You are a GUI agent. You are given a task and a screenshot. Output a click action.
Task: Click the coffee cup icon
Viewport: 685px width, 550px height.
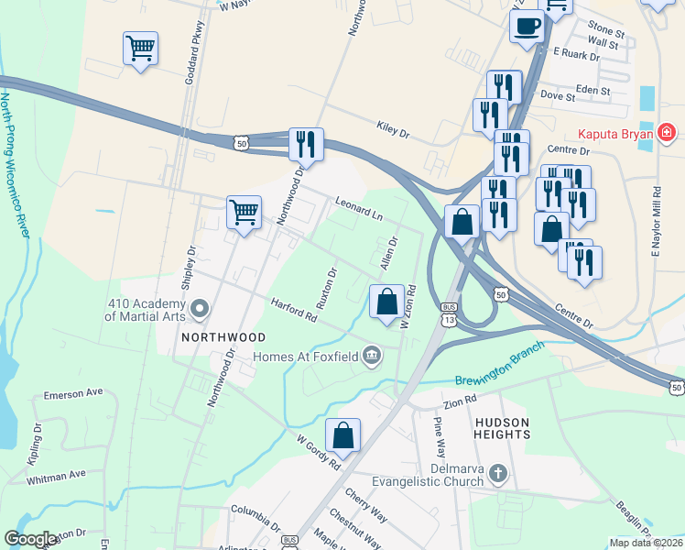(x=527, y=27)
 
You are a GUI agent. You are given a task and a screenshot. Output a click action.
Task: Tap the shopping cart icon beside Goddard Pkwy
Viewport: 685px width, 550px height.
(x=140, y=48)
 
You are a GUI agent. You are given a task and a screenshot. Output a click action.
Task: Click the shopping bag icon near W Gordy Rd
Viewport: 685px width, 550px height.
(x=342, y=435)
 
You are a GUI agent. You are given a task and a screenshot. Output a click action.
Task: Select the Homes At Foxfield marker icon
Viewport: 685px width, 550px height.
(x=372, y=356)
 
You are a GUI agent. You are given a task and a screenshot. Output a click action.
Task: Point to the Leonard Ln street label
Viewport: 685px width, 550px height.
(x=358, y=208)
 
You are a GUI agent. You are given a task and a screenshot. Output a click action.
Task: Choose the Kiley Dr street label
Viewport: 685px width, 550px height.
(x=393, y=129)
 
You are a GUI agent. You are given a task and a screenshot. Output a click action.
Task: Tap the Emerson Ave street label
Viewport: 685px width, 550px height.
(x=74, y=393)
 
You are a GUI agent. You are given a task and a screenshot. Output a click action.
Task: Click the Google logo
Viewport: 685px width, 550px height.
(x=31, y=539)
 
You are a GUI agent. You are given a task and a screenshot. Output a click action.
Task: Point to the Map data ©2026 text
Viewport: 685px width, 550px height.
(x=645, y=543)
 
